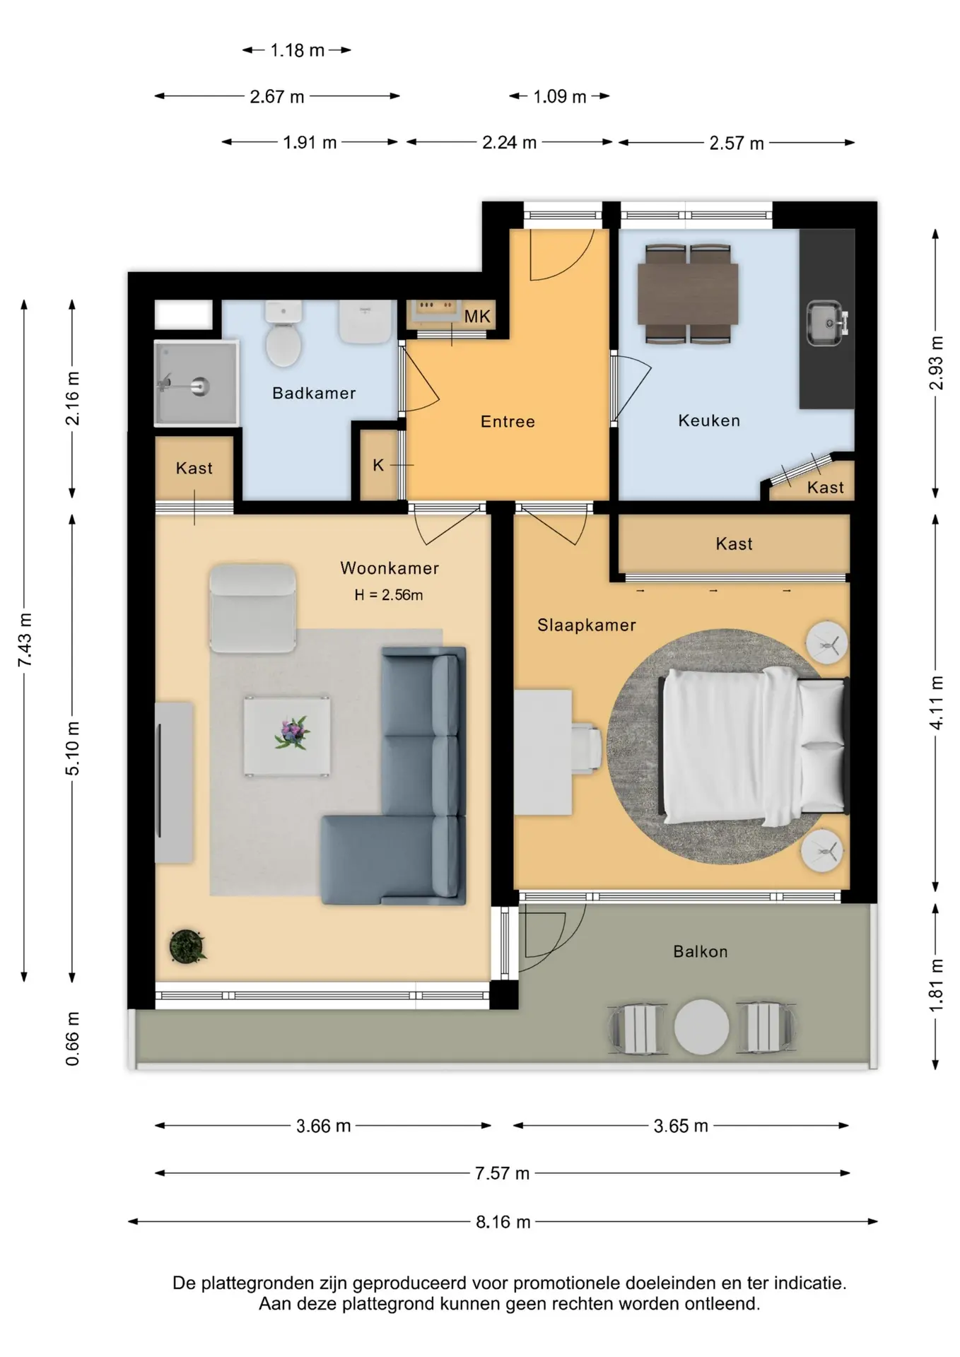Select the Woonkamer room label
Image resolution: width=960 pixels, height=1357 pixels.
[x=390, y=568]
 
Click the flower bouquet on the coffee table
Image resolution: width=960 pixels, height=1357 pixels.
[x=292, y=733]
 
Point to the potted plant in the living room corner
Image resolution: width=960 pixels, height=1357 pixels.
[x=187, y=946]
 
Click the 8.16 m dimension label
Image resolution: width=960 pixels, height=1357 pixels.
[x=503, y=1222]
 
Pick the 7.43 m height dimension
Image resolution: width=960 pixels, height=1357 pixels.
[x=25, y=640]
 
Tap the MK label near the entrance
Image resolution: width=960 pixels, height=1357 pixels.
[x=477, y=317]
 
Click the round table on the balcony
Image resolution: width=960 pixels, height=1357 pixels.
[x=701, y=1026]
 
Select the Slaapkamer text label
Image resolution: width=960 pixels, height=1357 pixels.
[x=587, y=625]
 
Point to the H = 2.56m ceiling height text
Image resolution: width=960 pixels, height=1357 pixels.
[x=389, y=595]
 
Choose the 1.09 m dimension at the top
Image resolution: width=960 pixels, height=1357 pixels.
[x=560, y=96]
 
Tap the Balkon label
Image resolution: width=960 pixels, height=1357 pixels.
[x=701, y=951]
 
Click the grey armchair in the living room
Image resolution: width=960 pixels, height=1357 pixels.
[x=252, y=609]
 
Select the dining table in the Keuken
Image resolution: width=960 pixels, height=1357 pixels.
[x=688, y=293]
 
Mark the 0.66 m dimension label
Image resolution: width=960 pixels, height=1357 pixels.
[x=72, y=1038]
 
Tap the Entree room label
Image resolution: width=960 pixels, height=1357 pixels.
[x=508, y=422]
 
